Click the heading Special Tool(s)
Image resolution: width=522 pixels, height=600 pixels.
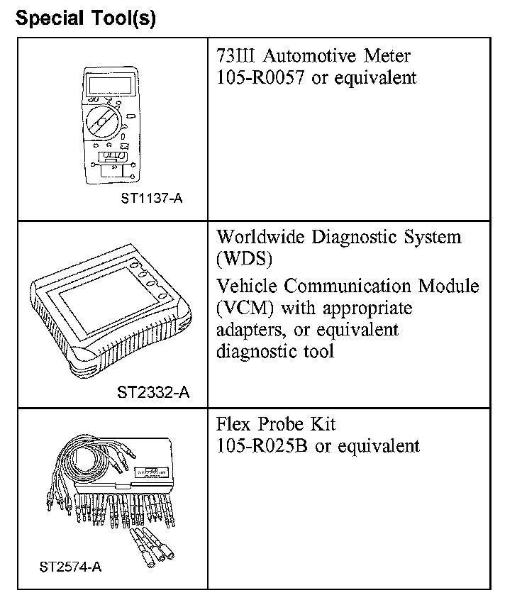point(85,18)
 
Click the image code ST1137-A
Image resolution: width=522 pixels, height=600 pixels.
point(150,199)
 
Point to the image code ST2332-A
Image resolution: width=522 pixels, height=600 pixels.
point(153,391)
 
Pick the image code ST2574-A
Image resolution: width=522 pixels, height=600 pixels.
point(71,567)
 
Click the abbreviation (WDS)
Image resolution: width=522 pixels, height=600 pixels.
point(245,259)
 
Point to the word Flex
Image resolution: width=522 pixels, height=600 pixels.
point(234,424)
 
